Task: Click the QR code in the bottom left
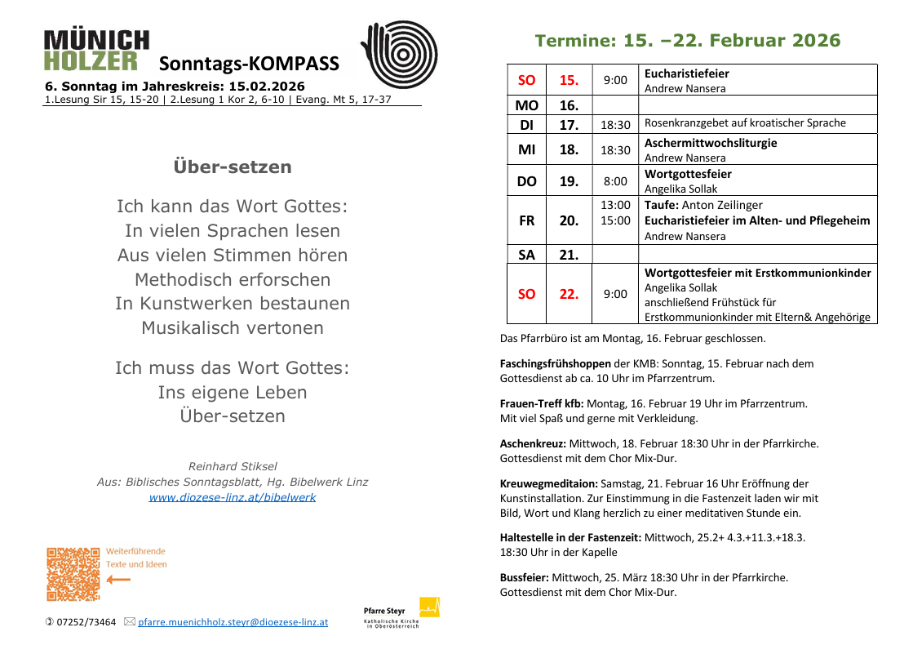click(x=73, y=574)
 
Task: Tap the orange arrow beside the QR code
click(x=118, y=580)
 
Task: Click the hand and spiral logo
click(x=399, y=54)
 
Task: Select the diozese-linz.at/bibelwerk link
click(x=232, y=497)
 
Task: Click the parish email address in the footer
click(x=233, y=622)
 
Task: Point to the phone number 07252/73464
click(x=86, y=622)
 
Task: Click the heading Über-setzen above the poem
click(x=233, y=167)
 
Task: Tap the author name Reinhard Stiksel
click(x=233, y=466)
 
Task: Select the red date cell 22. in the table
click(x=569, y=294)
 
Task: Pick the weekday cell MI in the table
click(x=526, y=149)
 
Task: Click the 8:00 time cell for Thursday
click(x=615, y=181)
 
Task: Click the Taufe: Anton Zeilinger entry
click(x=703, y=205)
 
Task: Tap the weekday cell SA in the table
click(x=526, y=255)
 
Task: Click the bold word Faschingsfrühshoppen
click(x=556, y=363)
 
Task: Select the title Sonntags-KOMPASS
click(x=249, y=64)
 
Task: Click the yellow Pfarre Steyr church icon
click(x=429, y=607)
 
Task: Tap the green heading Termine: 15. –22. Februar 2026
click(x=687, y=41)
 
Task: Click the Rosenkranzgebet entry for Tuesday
click(x=745, y=123)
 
